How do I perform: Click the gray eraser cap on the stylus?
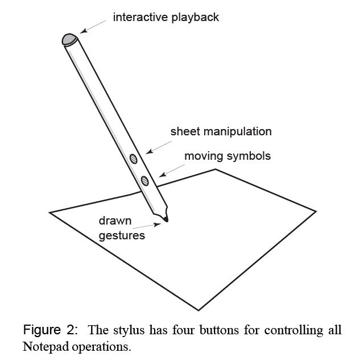click(x=69, y=39)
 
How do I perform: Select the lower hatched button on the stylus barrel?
click(x=145, y=181)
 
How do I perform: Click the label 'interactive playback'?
click(x=165, y=17)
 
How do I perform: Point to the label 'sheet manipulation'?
click(x=221, y=131)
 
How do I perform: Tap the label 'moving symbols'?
click(x=227, y=155)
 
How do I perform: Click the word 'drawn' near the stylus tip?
click(x=115, y=221)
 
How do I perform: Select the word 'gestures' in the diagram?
click(x=122, y=235)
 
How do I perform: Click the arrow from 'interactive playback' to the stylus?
click(x=93, y=26)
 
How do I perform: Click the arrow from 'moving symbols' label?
click(x=172, y=169)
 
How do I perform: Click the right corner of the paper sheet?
click(x=316, y=211)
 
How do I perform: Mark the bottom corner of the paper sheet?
click(x=198, y=310)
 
